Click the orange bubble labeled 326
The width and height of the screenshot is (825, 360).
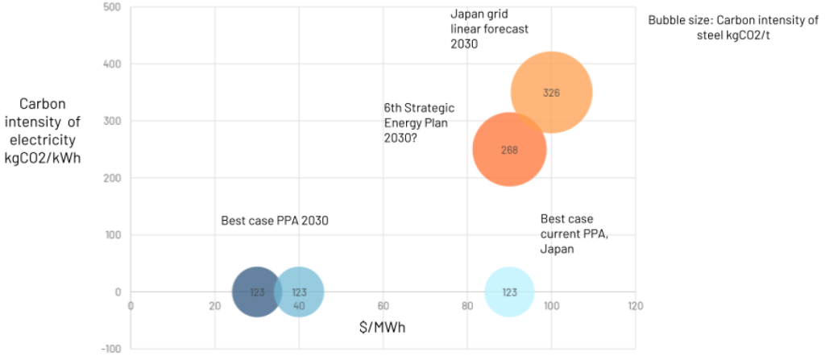(x=551, y=92)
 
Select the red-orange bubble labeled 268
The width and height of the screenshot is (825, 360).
(x=509, y=149)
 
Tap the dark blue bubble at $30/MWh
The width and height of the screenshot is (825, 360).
(x=256, y=292)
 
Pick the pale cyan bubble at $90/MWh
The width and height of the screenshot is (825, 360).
(x=509, y=292)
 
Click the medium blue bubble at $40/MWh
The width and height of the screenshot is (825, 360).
(x=299, y=292)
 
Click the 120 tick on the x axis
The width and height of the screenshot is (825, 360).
(x=636, y=306)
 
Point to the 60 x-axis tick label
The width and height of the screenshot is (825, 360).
(x=383, y=306)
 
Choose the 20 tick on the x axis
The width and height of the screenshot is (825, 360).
(x=214, y=306)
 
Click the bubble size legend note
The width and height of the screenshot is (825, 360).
(x=732, y=27)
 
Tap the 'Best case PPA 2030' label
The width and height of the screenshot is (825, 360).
(x=275, y=220)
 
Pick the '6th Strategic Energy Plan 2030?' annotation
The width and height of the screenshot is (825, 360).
(x=420, y=122)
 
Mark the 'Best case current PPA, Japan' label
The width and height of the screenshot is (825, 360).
(x=568, y=234)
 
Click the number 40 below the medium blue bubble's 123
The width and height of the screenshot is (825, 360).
(x=299, y=305)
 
